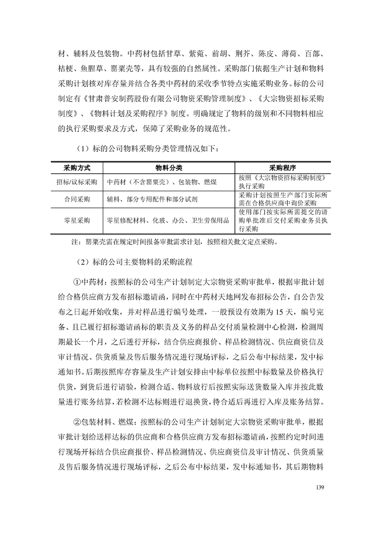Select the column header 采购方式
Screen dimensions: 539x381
tap(77, 168)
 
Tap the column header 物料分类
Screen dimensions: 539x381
tap(169, 168)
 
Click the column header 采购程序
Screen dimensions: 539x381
tap(283, 168)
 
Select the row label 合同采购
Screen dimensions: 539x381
tap(77, 199)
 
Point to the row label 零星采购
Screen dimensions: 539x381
tap(77, 220)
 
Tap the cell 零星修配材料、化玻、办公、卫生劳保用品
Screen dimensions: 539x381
tap(168, 220)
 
